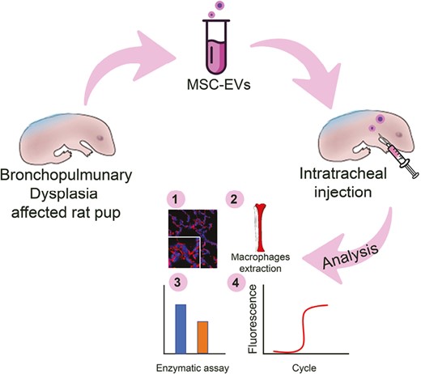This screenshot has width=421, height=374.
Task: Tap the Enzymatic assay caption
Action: (191, 364)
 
